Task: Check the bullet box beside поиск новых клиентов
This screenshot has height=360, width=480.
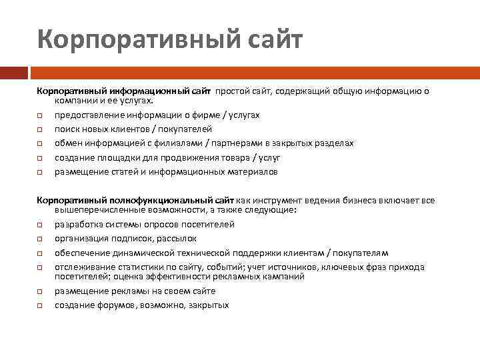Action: [x=40, y=129]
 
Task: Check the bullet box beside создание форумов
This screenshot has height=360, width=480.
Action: [x=40, y=305]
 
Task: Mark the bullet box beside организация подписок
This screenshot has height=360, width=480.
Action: [x=40, y=239]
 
